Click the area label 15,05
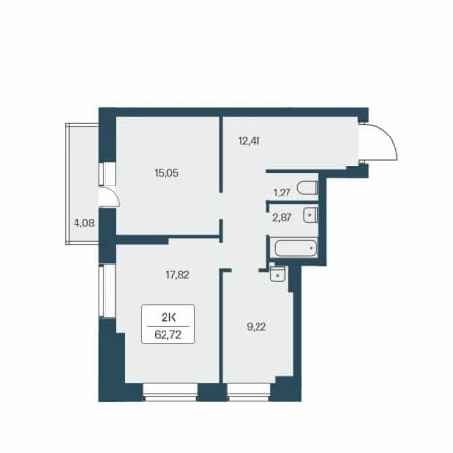[166, 173]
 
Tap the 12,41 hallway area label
[249, 141]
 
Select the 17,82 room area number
[177, 275]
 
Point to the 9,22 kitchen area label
[257, 327]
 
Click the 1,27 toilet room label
[282, 193]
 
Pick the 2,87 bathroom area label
[282, 218]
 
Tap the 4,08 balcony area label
[84, 223]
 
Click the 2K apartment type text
[168, 317]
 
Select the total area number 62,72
[168, 335]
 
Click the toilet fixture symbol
[308, 188]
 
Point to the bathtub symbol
[295, 248]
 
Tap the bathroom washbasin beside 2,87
[311, 215]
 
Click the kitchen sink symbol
[277, 274]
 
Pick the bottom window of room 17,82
[170, 392]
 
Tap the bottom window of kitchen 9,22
[249, 392]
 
